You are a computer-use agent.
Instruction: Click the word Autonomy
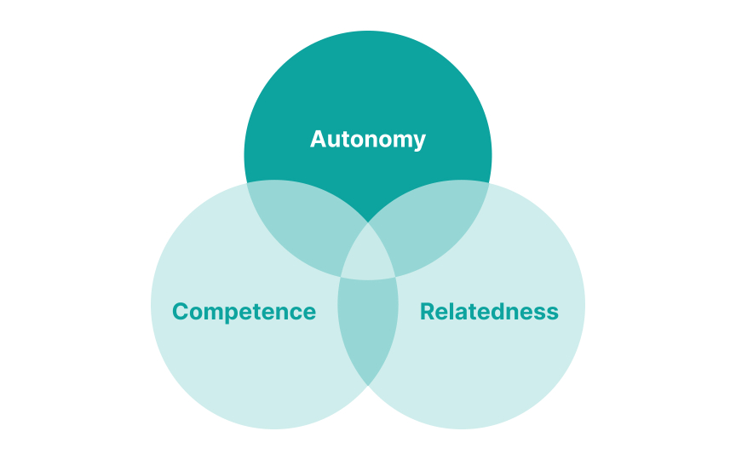pos(368,139)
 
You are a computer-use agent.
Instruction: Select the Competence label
pos(244,312)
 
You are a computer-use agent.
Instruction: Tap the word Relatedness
pos(489,312)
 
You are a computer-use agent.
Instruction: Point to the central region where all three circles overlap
pos(368,256)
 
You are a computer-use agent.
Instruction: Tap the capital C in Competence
pos(181,312)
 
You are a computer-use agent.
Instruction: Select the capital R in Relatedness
pos(428,312)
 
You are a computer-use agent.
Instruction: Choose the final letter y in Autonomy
pos(419,141)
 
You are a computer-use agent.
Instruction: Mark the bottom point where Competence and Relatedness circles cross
pos(368,385)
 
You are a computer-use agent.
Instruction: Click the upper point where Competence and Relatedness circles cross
pos(368,223)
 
